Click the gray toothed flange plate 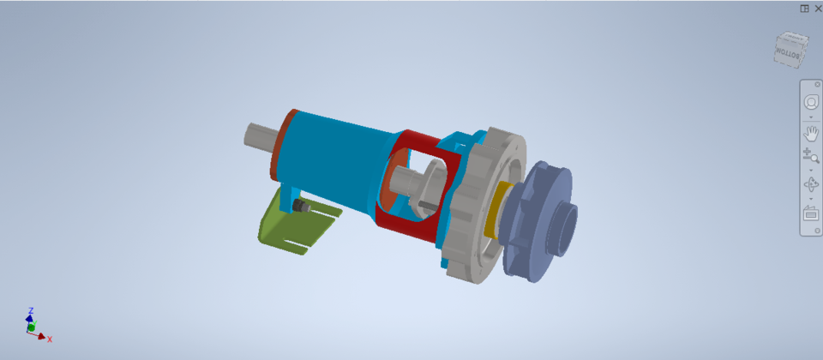pos(467,249)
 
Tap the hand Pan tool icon pos(811,133)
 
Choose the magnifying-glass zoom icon pos(811,156)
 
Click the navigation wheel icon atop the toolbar pos(811,102)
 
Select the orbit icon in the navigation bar pos(811,184)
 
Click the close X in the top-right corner pos(817,9)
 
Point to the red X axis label pos(50,339)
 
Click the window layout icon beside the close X pos(804,9)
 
